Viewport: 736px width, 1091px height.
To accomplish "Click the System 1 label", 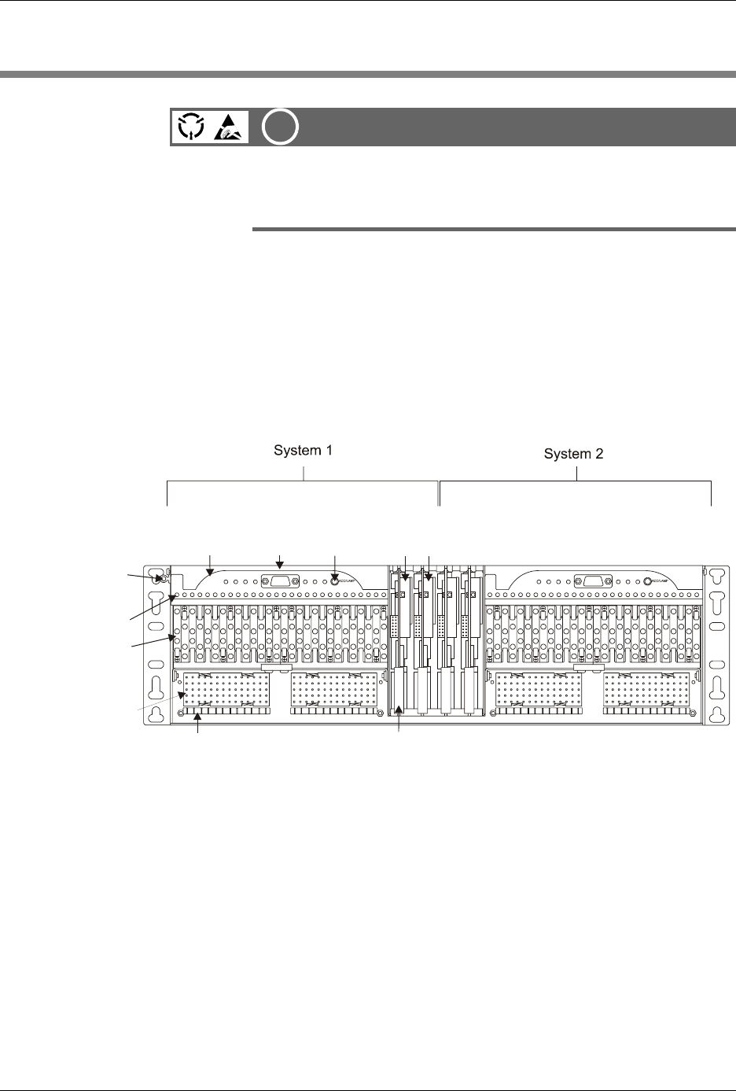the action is pos(304,451).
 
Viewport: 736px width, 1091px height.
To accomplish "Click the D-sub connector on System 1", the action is pos(282,581).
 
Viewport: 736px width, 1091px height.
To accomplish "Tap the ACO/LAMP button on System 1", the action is pos(335,581).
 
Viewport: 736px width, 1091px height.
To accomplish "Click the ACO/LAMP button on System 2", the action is pos(647,581).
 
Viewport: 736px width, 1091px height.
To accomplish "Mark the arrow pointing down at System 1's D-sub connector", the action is pos(282,560).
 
